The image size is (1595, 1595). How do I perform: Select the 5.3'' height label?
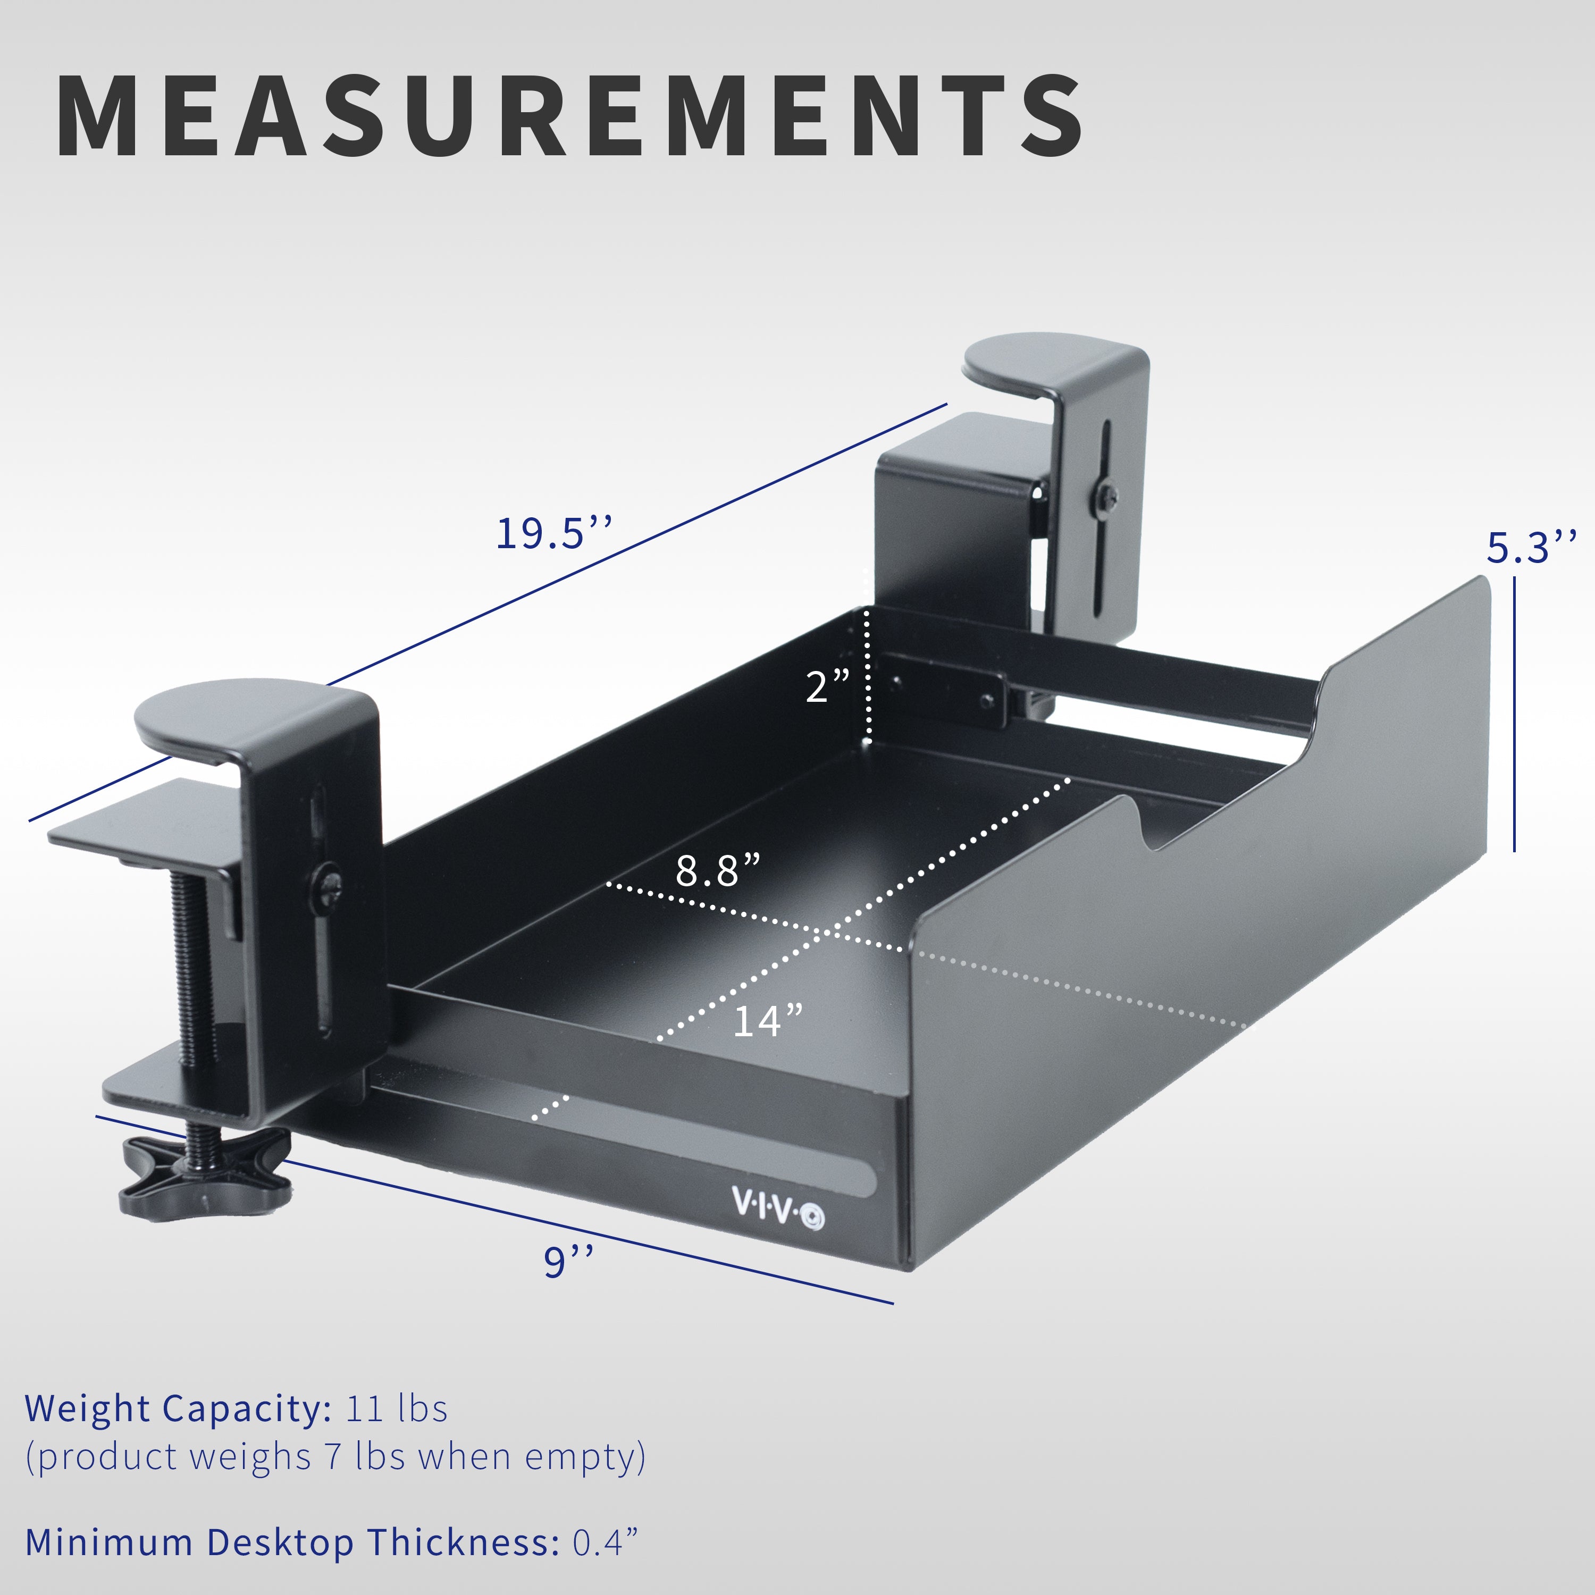click(1531, 548)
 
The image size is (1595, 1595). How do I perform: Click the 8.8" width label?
click(717, 870)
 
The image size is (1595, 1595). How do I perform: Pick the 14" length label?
click(768, 1021)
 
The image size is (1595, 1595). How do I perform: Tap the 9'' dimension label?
click(568, 1262)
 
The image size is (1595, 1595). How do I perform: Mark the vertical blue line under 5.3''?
click(1514, 714)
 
